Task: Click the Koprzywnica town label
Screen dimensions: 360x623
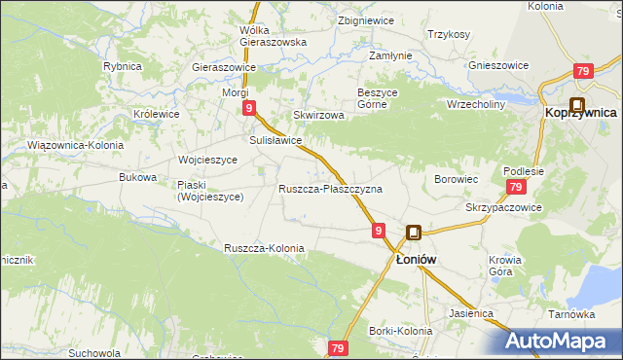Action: tap(581, 113)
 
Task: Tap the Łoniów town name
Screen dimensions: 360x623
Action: tap(414, 260)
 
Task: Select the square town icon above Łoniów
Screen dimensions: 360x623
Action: tap(414, 234)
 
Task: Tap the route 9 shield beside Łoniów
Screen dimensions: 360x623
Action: tap(379, 231)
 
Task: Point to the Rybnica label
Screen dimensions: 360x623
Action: tap(123, 66)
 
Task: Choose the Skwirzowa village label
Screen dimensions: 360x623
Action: tap(319, 115)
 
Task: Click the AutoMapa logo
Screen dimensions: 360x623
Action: tap(561, 340)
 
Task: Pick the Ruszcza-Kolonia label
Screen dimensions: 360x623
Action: tap(264, 248)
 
